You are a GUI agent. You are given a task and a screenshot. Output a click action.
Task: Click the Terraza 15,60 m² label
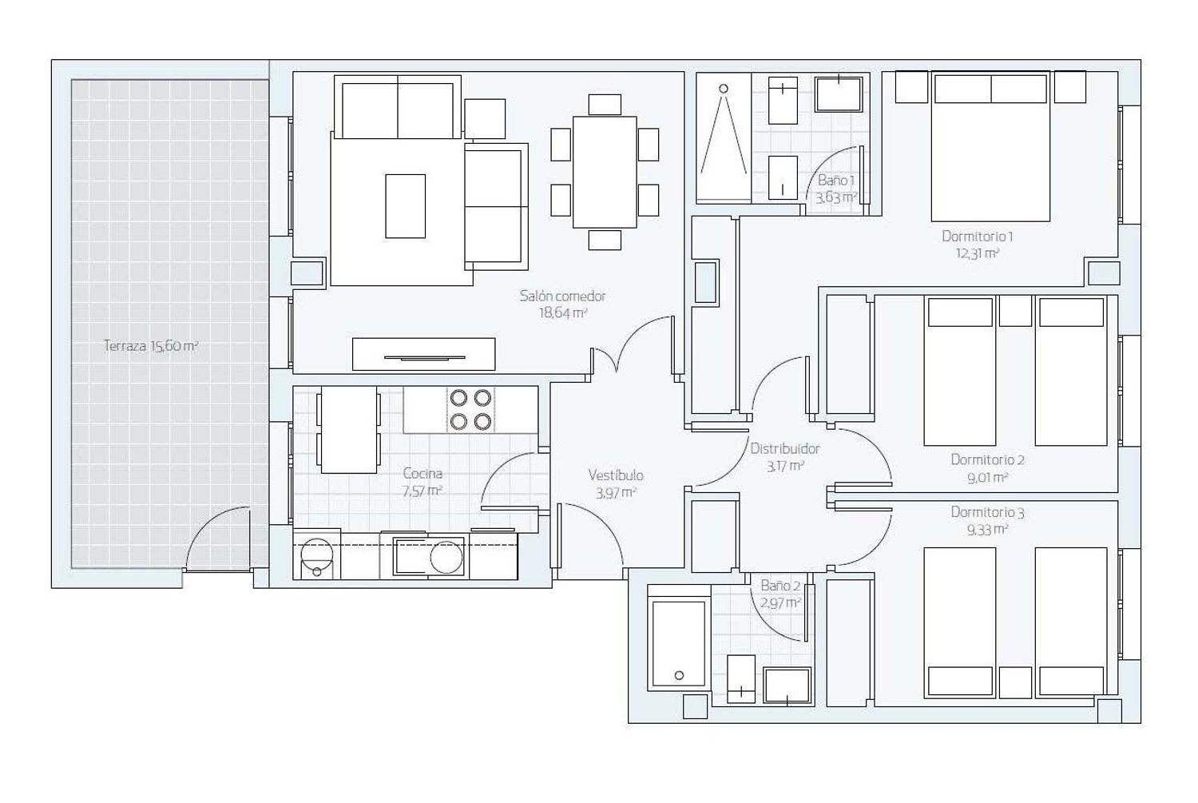[151, 346]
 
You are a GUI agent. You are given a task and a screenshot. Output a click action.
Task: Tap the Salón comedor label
[562, 296]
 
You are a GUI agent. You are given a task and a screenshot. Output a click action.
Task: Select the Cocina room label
[422, 473]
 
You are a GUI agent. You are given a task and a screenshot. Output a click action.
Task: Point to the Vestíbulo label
[616, 475]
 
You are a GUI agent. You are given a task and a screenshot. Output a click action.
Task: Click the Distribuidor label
[784, 448]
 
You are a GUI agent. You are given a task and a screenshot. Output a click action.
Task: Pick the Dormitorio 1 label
[977, 236]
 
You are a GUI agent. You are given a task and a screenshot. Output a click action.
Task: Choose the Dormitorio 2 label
[987, 459]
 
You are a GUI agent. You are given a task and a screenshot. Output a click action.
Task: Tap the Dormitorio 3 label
[987, 512]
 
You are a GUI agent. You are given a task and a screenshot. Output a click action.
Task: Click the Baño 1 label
[836, 181]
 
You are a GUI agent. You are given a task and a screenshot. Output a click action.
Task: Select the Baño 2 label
[781, 586]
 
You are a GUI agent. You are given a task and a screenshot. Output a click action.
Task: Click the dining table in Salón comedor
[605, 173]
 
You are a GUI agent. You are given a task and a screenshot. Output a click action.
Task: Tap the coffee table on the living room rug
[406, 206]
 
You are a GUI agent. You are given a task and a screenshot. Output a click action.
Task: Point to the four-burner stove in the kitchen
[470, 410]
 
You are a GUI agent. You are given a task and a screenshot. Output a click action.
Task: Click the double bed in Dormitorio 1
[990, 146]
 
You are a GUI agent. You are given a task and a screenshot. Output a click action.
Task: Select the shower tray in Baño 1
[724, 138]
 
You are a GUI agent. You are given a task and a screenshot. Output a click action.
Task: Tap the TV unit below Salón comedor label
[423, 354]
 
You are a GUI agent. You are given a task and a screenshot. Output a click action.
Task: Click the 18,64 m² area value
[562, 313]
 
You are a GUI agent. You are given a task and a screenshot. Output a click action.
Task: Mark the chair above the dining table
[605, 105]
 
